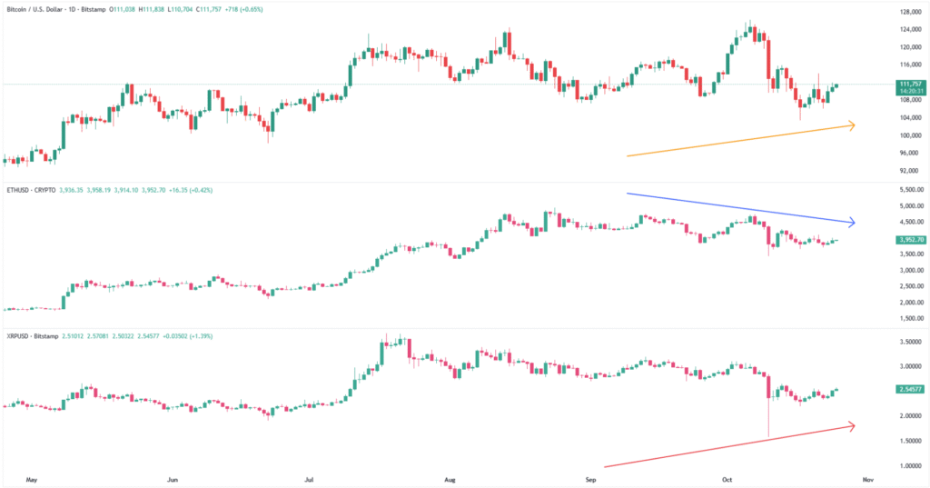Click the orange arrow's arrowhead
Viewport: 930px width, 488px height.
(851, 124)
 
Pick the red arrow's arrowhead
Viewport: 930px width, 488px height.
(851, 424)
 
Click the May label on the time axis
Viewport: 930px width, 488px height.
(35, 478)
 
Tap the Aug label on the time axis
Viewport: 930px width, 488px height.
(450, 478)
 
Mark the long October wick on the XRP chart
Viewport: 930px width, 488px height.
(768, 418)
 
